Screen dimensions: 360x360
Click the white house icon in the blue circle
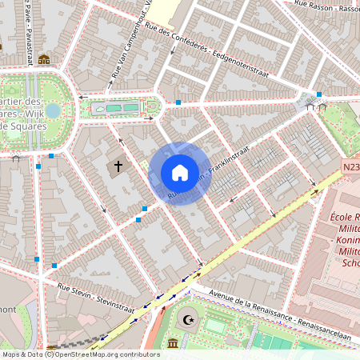point(180,173)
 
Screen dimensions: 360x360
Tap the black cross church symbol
point(118,166)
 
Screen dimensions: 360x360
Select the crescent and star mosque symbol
point(189,320)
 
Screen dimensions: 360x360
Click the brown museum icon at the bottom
point(174,344)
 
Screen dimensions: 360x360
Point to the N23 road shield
point(350,167)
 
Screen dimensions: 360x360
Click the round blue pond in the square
point(53,110)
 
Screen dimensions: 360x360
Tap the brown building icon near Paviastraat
point(44,59)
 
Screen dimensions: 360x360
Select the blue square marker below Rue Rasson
point(319,94)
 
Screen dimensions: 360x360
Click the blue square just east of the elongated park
point(178,102)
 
